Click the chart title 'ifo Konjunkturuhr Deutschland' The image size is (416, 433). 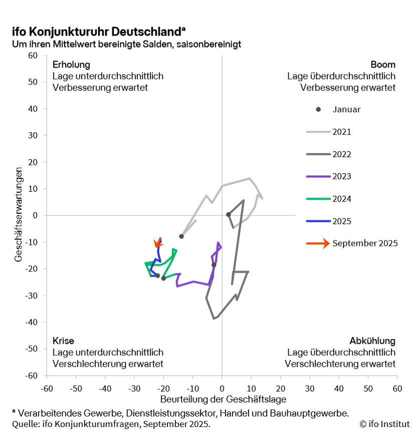pyautogui.click(x=95, y=32)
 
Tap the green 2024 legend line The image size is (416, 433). pyautogui.click(x=317, y=199)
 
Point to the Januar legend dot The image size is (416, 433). pyautogui.click(x=318, y=110)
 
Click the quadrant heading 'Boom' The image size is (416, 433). pyautogui.click(x=383, y=65)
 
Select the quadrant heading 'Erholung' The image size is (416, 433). pyautogui.click(x=71, y=65)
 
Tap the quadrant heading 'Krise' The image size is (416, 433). pyautogui.click(x=63, y=341)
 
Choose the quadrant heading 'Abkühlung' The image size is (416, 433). pyautogui.click(x=372, y=341)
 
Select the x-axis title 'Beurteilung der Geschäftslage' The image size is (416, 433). pyautogui.click(x=223, y=399)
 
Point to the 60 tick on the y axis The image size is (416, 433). pyautogui.click(x=33, y=56)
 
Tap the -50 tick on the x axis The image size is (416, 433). pyautogui.click(x=76, y=388)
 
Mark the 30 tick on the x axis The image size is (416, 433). pyautogui.click(x=310, y=388)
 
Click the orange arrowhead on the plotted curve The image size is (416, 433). pyautogui.click(x=158, y=243)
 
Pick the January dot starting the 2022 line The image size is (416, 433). pyautogui.click(x=228, y=214)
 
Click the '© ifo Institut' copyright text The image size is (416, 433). pyautogui.click(x=383, y=424)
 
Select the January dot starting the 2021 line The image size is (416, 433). pyautogui.click(x=181, y=236)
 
